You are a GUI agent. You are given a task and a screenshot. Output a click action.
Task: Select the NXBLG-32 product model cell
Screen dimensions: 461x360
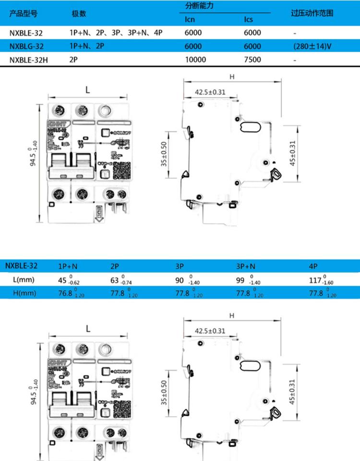coord(27,47)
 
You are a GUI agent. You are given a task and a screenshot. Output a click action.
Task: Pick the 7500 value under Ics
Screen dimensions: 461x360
coord(252,60)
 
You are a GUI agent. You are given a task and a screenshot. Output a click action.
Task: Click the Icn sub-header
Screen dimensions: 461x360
coord(190,20)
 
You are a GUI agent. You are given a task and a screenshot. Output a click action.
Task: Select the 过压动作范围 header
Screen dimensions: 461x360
coord(312,13)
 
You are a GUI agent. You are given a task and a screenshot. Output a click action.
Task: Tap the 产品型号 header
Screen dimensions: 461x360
coord(24,13)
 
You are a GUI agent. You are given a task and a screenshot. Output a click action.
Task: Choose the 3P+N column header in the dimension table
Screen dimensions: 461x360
coord(246,266)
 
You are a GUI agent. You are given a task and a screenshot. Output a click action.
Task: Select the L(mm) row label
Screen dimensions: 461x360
coord(24,279)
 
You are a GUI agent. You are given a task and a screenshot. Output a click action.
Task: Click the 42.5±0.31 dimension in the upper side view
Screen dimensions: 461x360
coord(210,92)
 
